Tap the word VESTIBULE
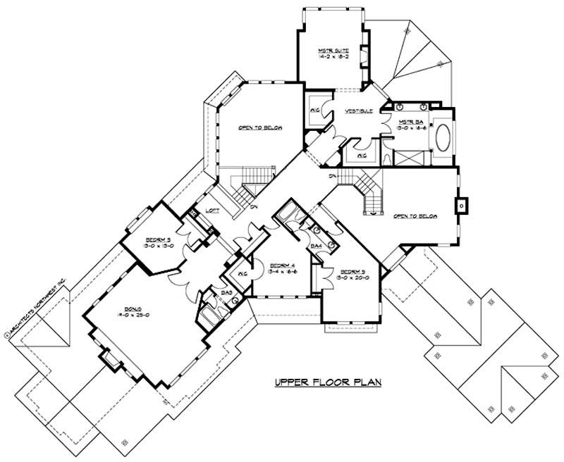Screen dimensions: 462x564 [x=358, y=112]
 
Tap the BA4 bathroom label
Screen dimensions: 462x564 [x=317, y=246]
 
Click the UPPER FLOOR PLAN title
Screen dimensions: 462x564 [x=328, y=383]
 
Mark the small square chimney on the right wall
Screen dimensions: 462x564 [x=461, y=206]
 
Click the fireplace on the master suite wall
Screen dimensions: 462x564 [x=364, y=58]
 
